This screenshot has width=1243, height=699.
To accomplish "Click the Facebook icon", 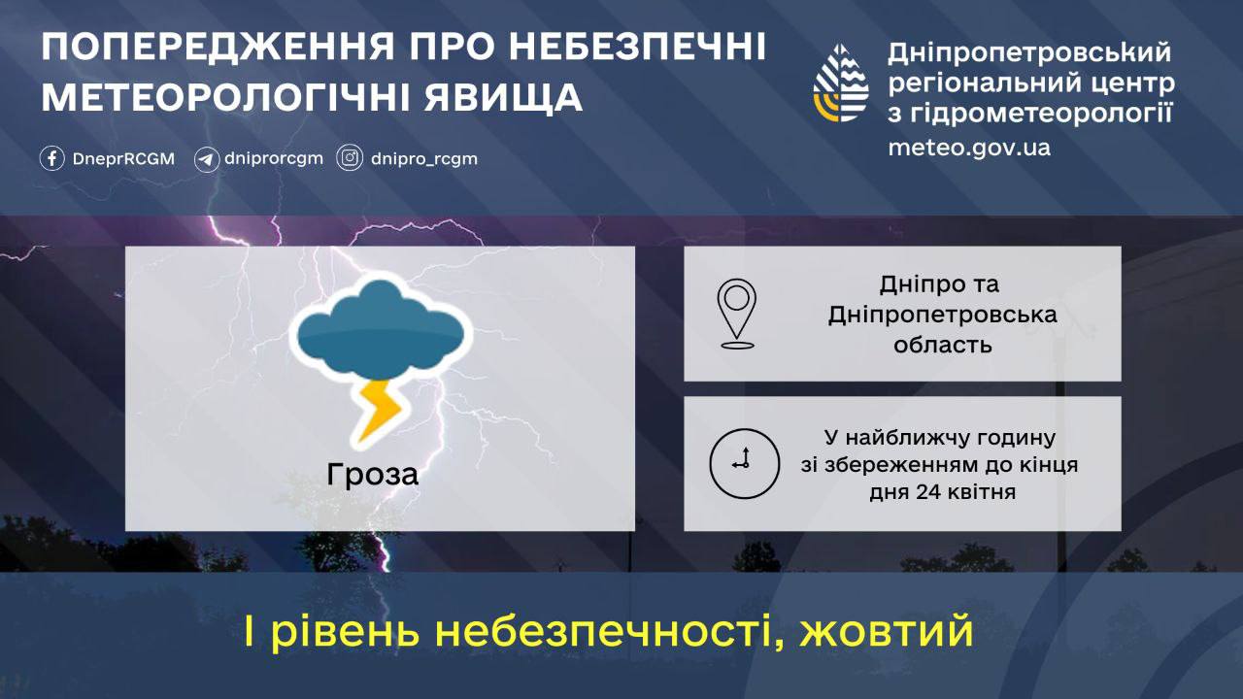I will tap(52, 158).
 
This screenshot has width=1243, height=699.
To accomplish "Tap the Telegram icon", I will tap(206, 158).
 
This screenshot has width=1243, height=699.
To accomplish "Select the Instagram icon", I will tap(350, 158).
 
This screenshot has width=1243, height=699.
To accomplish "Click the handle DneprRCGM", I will tap(123, 158).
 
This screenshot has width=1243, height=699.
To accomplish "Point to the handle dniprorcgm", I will tap(273, 158).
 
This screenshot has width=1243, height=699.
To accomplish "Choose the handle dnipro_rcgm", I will tap(423, 158).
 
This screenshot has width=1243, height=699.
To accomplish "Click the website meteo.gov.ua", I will tap(968, 148).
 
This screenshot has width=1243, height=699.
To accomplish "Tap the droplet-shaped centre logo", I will tap(841, 83).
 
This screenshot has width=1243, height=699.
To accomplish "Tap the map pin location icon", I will tap(736, 313).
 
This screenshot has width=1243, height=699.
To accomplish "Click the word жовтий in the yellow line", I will tap(887, 632).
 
